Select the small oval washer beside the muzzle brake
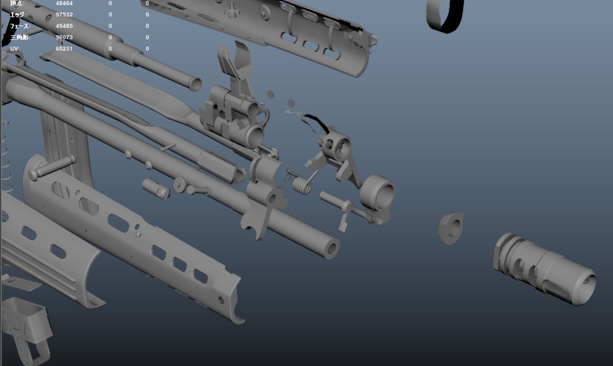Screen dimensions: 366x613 coord(451,227)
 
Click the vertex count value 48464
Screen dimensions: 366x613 coord(65,4)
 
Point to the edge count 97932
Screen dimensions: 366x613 coord(65,14)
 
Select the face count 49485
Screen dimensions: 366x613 coord(65,26)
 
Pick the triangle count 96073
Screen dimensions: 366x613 coord(65,37)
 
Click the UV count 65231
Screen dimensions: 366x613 coord(65,48)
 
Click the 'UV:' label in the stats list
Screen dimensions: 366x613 coord(15,48)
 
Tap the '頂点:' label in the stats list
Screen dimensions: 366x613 coord(17,4)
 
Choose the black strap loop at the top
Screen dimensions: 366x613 coord(445,15)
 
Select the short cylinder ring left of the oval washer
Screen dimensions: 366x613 coord(378,192)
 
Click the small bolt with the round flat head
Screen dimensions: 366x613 coord(181,184)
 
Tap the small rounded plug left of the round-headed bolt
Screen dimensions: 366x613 coord(156,188)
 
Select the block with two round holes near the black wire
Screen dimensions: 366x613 coord(336,146)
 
